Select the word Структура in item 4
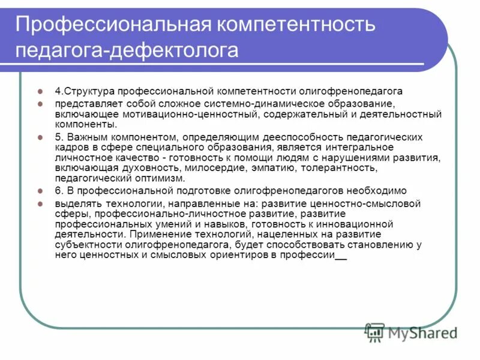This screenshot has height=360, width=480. (89, 92)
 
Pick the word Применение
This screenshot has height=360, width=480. (166, 234)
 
